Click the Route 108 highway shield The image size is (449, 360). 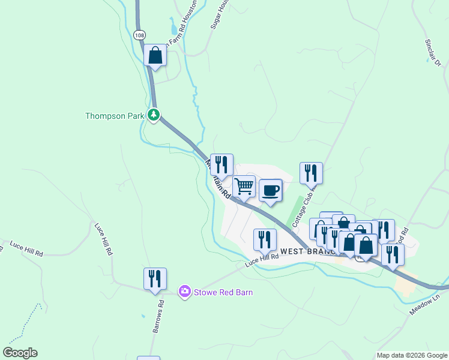coord(139,35)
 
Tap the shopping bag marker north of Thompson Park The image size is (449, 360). coord(155,56)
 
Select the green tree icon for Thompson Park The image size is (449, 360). coord(154,115)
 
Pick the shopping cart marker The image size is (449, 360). coord(244,187)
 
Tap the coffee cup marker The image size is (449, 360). coord(271,191)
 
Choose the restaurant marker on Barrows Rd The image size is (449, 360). coord(155,279)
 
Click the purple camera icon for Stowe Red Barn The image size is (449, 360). coord(185,292)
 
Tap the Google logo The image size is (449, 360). coord(20,353)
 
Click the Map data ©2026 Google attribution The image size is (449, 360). coord(411,355)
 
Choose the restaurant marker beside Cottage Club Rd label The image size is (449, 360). coord(311,173)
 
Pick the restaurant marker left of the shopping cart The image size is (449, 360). coord(221,165)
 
